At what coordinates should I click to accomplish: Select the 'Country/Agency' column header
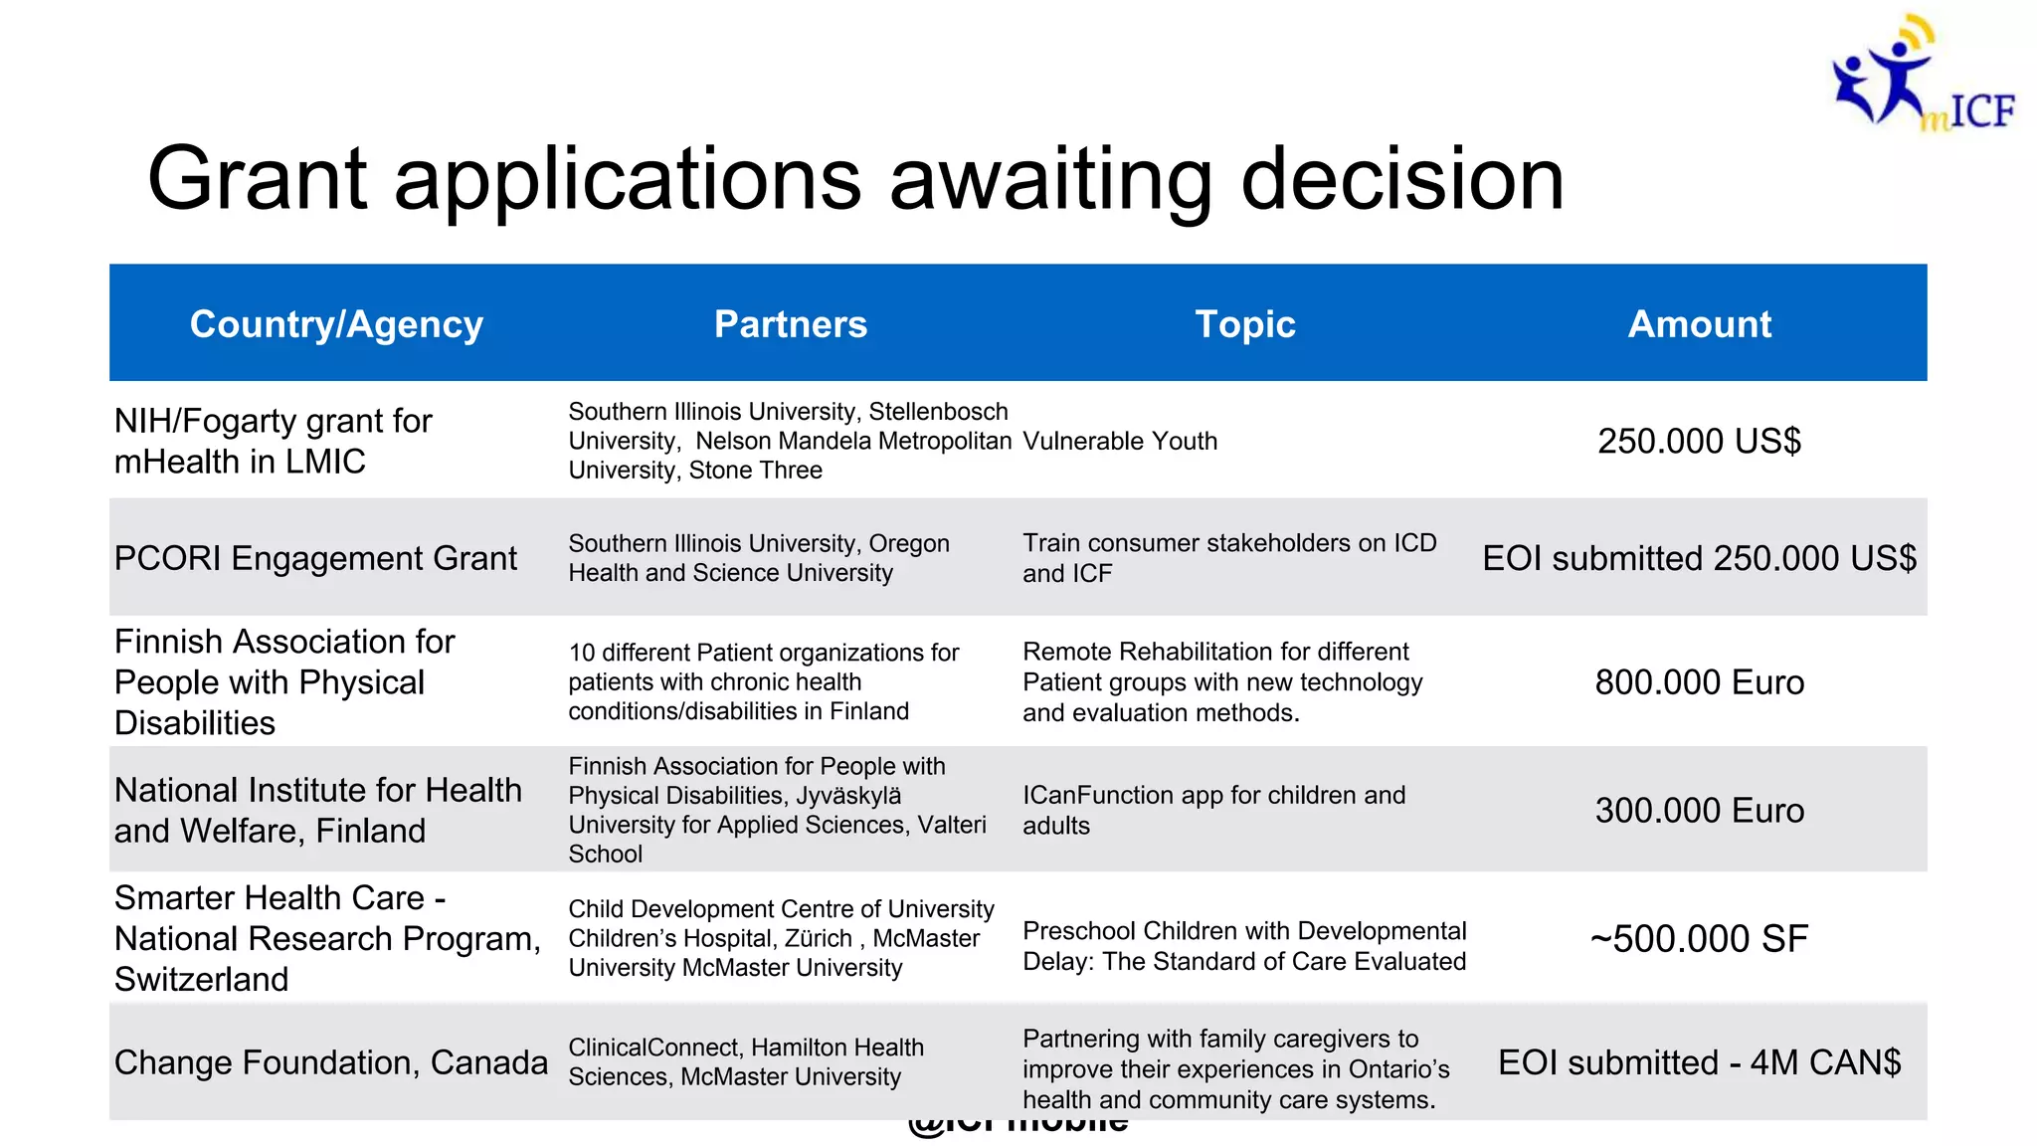point(336,324)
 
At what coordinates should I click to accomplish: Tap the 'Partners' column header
point(791,324)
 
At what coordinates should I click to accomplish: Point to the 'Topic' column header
point(1245,324)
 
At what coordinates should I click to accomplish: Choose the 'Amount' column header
point(1699,324)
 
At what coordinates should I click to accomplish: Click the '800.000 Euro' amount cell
point(1699,682)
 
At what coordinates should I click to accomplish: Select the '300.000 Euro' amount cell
point(1699,811)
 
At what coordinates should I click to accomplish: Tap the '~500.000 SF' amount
point(1699,939)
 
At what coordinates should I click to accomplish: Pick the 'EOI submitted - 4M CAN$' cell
point(1699,1062)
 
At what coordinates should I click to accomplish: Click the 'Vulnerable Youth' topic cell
point(1120,441)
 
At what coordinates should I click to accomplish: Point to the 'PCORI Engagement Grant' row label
point(315,558)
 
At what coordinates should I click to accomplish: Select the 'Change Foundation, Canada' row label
point(330,1062)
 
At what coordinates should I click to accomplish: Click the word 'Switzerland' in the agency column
point(201,980)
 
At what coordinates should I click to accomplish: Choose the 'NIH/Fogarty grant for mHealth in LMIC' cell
point(273,441)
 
